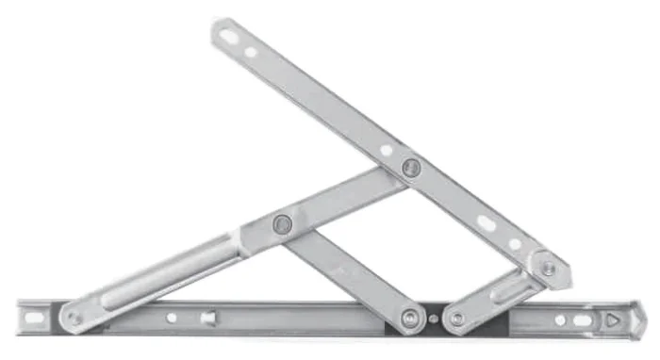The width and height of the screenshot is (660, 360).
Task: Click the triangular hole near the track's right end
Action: tap(615, 319)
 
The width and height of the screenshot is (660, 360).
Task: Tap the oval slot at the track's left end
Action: tap(33, 318)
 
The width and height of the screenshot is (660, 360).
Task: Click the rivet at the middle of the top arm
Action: tap(410, 168)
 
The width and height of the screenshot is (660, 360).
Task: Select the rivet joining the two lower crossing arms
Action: tap(281, 224)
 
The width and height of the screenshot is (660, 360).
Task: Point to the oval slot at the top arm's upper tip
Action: tap(229, 38)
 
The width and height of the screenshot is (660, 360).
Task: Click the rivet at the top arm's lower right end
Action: tap(547, 268)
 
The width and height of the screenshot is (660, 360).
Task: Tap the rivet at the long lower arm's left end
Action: tap(75, 319)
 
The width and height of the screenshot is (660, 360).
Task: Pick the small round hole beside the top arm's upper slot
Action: tap(252, 52)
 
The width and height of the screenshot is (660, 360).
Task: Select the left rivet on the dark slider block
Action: tap(409, 319)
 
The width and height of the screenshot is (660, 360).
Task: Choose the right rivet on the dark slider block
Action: tap(457, 319)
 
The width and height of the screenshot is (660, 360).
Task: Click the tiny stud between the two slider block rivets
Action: tap(433, 319)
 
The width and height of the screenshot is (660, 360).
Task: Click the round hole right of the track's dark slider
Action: tap(560, 319)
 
